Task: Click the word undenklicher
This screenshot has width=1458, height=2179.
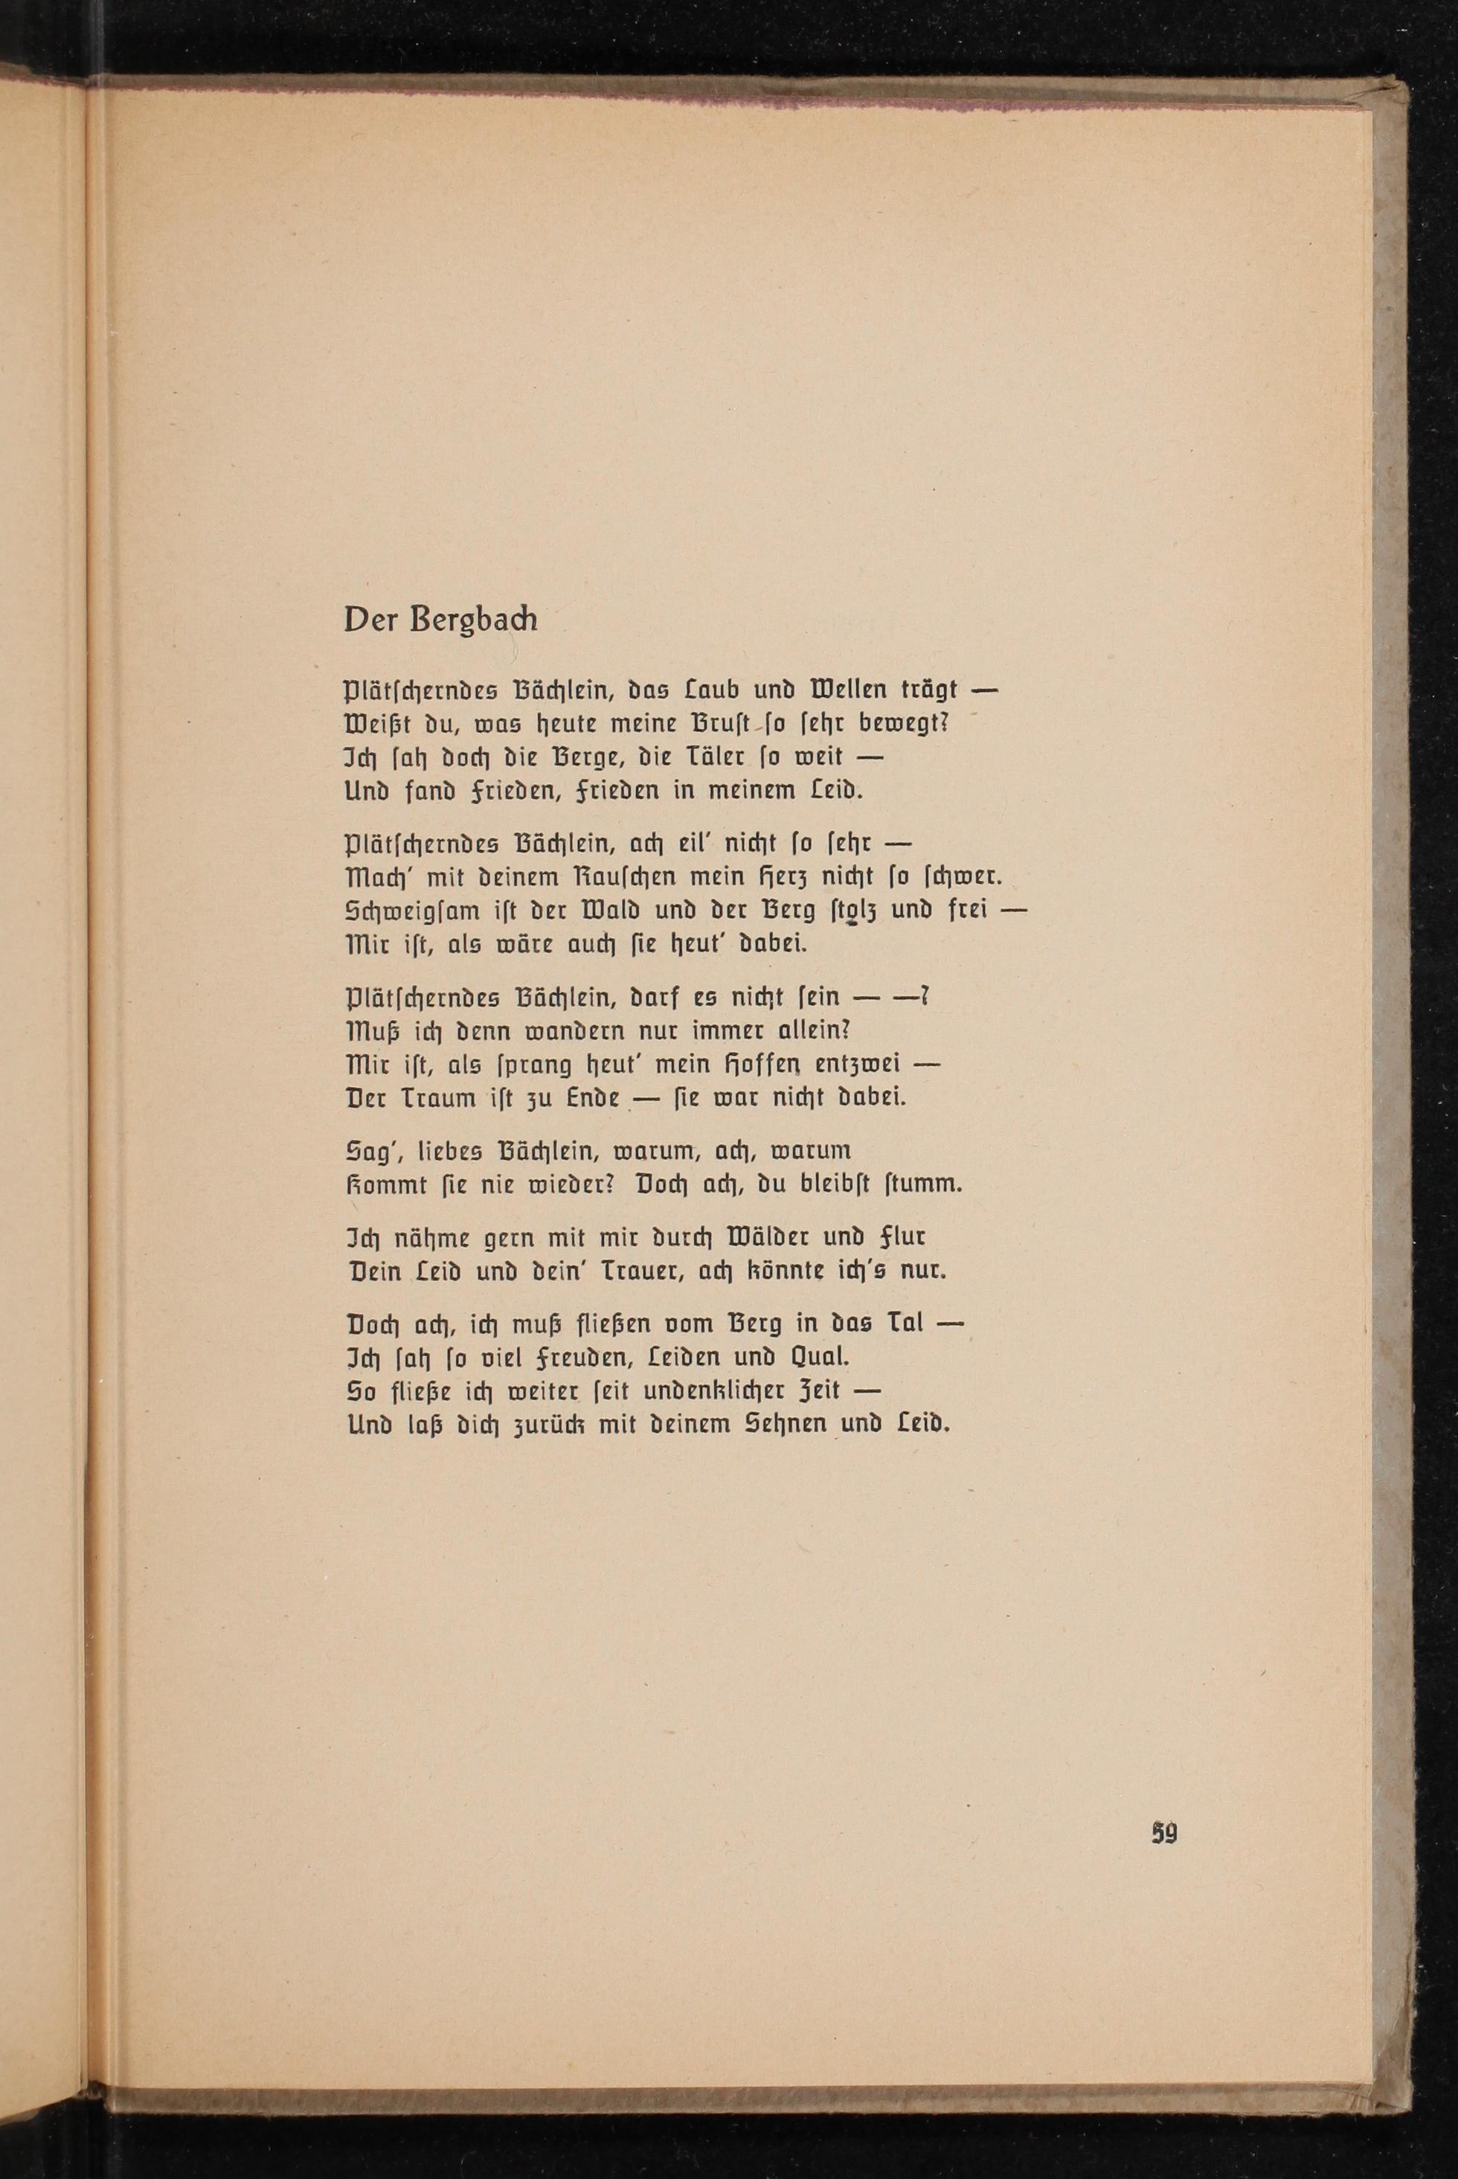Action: [715, 1390]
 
